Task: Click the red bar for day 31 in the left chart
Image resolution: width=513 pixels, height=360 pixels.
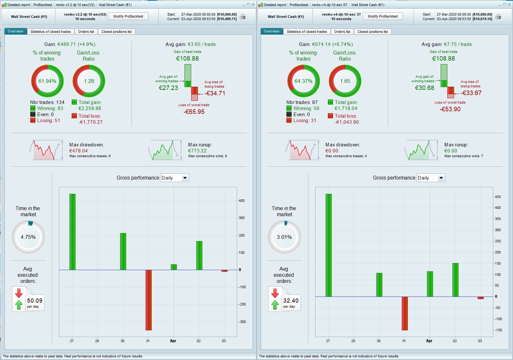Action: [x=148, y=300]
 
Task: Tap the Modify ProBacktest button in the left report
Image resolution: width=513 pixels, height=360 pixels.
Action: [x=128, y=16]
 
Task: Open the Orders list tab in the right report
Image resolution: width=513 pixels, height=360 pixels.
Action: [x=342, y=32]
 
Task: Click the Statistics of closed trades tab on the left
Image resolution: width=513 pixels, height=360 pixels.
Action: [x=50, y=32]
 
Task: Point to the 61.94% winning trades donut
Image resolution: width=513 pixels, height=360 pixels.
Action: [x=47, y=81]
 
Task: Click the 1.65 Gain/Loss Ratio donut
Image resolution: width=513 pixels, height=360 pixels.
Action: [x=345, y=81]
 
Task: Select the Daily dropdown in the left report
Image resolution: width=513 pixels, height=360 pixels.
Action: [x=175, y=178]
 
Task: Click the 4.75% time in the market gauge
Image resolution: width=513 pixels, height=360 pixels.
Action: [x=28, y=237]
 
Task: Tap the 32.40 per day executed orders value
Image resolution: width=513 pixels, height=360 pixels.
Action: [x=291, y=301]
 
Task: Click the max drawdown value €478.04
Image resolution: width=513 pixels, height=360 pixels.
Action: [x=78, y=151]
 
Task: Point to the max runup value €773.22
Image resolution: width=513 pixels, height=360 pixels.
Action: [x=197, y=151]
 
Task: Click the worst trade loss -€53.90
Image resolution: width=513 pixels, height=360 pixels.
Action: [x=450, y=109]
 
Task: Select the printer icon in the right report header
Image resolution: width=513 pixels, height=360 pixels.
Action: [x=498, y=17]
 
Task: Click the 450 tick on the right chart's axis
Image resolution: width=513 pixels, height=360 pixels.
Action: [x=497, y=197]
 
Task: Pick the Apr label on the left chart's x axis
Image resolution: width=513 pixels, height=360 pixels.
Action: [x=173, y=341]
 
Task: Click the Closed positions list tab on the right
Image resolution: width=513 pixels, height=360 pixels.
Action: [x=372, y=32]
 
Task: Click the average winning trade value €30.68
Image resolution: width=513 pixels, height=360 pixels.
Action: [x=424, y=88]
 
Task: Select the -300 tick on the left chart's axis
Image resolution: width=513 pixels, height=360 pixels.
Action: [x=242, y=322]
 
